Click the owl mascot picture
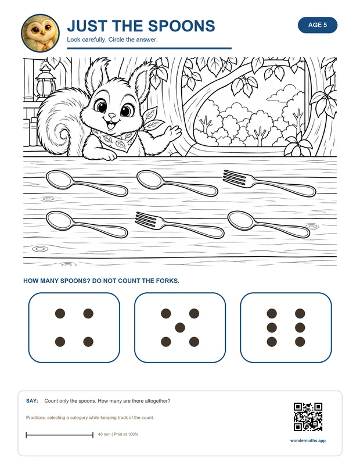(x=40, y=33)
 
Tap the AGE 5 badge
(x=318, y=25)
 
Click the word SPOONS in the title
(x=181, y=26)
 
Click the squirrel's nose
(x=111, y=115)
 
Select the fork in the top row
(x=269, y=183)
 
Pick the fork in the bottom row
(x=179, y=225)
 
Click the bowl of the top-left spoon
(x=60, y=179)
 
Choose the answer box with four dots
(x=74, y=328)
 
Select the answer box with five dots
(x=180, y=328)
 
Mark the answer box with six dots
(x=286, y=328)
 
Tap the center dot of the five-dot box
(x=180, y=328)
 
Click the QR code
(x=308, y=417)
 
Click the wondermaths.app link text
(x=308, y=440)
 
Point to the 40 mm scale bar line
(x=59, y=435)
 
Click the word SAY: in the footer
(x=32, y=401)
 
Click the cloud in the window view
(x=282, y=93)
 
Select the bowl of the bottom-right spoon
(x=241, y=220)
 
